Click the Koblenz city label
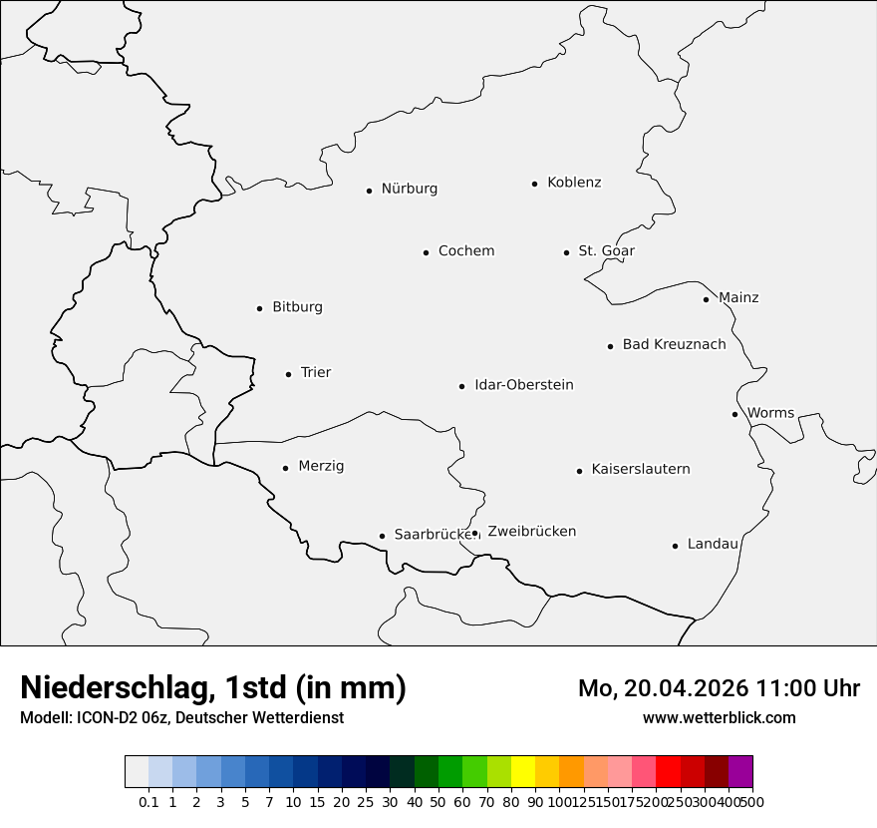point(574,183)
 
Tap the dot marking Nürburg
point(369,190)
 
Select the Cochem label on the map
point(466,251)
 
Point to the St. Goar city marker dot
point(566,252)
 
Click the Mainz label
point(738,298)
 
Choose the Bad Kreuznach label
point(674,345)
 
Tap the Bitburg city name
point(297,307)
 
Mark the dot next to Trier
point(288,374)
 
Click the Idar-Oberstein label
point(523,385)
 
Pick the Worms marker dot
point(734,414)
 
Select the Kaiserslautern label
point(640,469)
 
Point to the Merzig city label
point(321,466)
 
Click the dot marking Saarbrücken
point(382,536)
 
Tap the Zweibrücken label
point(531,532)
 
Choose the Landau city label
point(713,544)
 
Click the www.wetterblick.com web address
point(719,718)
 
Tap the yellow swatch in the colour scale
point(523,772)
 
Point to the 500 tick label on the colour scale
point(752,802)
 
